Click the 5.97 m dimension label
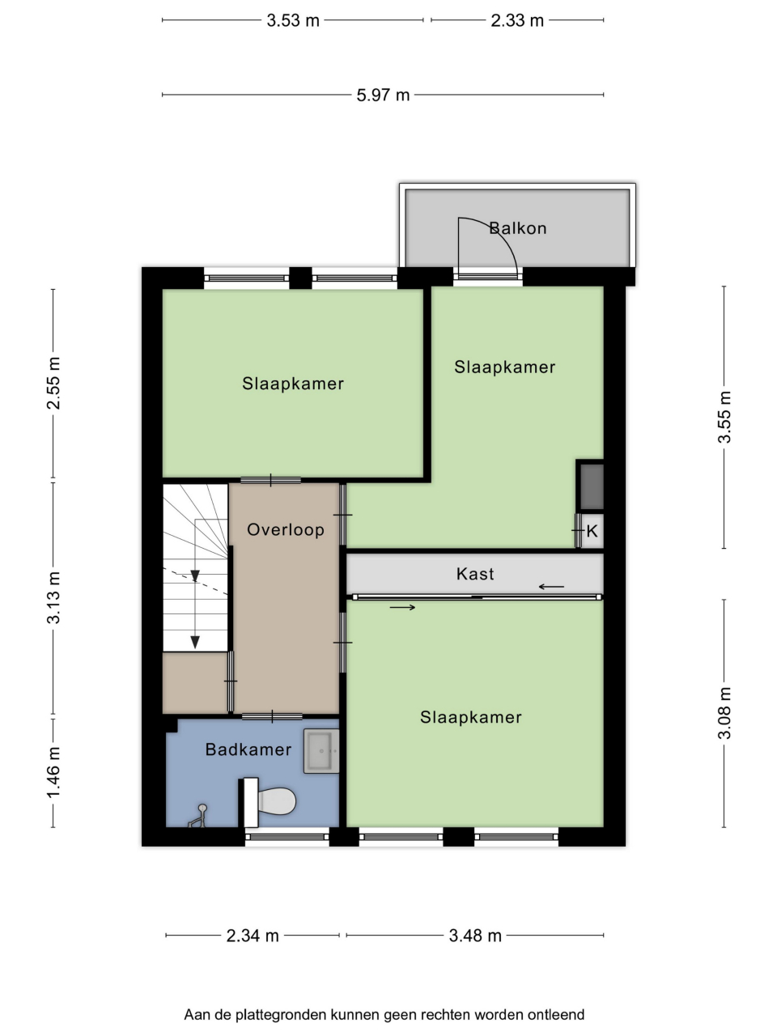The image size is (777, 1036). click(x=383, y=96)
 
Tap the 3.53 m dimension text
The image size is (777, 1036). click(x=293, y=21)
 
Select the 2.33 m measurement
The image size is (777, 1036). click(x=517, y=21)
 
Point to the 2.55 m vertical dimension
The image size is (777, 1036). click(x=53, y=384)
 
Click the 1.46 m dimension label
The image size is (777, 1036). click(x=53, y=772)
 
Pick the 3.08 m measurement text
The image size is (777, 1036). click(x=724, y=713)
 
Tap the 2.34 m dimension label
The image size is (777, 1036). click(x=253, y=936)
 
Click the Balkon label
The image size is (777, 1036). click(x=518, y=228)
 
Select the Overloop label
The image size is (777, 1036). click(x=286, y=529)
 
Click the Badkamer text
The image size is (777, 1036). click(x=248, y=749)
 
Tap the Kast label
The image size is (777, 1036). click(x=475, y=574)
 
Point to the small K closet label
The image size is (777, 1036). click(x=592, y=532)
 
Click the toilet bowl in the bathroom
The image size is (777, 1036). click(x=277, y=801)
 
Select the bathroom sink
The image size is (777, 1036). click(x=321, y=751)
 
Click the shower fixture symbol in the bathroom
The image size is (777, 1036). click(x=197, y=817)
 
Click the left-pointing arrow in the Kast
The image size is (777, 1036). click(x=551, y=587)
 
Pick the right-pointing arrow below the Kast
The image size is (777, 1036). click(x=402, y=608)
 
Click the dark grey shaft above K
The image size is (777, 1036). click(x=592, y=486)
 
